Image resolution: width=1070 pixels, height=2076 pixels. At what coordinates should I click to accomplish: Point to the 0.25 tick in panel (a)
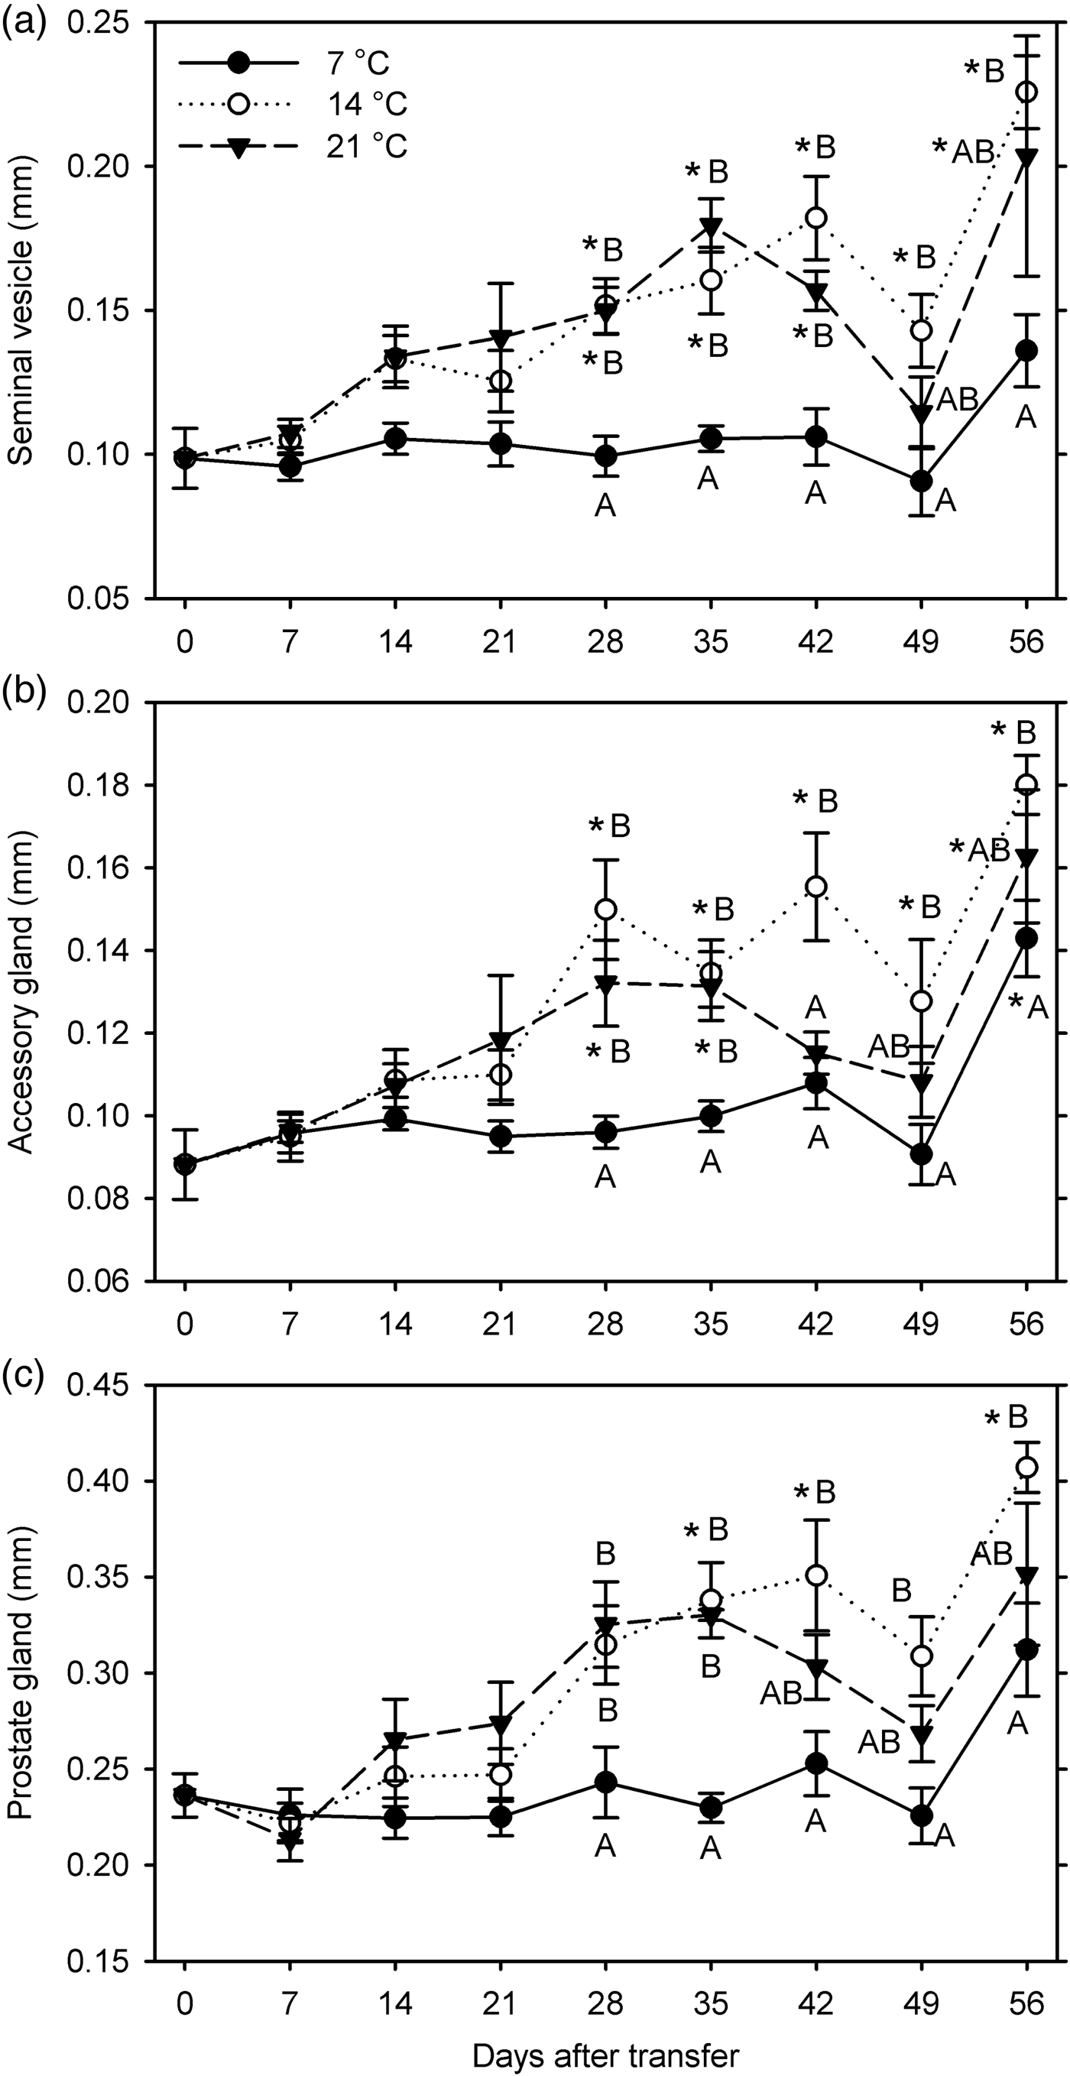105,24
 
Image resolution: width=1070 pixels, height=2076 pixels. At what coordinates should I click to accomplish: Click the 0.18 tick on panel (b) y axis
105,785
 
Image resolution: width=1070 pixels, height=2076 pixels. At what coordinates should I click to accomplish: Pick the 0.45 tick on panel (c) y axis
105,1385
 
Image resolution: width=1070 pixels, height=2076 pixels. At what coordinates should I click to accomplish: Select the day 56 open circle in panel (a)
1026,92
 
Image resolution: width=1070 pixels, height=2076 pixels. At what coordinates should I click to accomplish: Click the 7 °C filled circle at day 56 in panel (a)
1026,351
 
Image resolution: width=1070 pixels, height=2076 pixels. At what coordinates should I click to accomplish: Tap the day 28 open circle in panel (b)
605,909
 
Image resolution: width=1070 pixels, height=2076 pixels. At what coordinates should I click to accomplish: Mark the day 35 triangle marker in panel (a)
710,225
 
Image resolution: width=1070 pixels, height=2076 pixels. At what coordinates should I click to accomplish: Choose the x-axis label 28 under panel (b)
605,1324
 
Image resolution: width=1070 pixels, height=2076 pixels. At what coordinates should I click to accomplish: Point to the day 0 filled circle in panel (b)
185,1163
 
